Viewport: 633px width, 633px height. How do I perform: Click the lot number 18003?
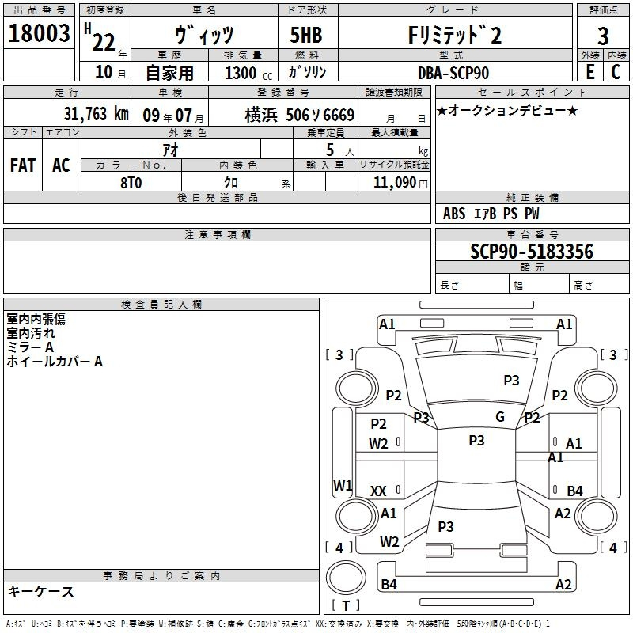coord(39,33)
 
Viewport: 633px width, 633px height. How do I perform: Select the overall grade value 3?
coord(603,36)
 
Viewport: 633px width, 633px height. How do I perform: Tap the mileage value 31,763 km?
coord(96,114)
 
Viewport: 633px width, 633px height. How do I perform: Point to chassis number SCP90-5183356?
coord(532,252)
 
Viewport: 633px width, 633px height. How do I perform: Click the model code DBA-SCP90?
coord(453,73)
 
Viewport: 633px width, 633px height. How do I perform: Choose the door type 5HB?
coord(306,35)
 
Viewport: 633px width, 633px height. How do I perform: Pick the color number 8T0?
coord(131,183)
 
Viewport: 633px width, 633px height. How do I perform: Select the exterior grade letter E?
coord(589,72)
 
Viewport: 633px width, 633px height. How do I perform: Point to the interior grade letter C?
coord(616,72)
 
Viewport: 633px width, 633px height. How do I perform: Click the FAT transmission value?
coord(23,165)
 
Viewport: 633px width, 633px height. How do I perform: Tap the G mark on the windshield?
coord(500,417)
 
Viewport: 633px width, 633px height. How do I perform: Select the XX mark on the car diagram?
coord(378,491)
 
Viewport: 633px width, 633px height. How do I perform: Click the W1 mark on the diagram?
coord(343,485)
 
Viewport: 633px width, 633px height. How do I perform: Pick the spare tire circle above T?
coord(346,577)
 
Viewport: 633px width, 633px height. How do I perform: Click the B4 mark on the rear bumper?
coord(389,584)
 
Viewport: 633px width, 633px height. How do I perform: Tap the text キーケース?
coord(41,591)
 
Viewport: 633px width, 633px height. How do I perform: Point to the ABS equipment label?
coord(454,214)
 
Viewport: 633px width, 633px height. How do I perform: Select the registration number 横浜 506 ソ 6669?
coord(300,115)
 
